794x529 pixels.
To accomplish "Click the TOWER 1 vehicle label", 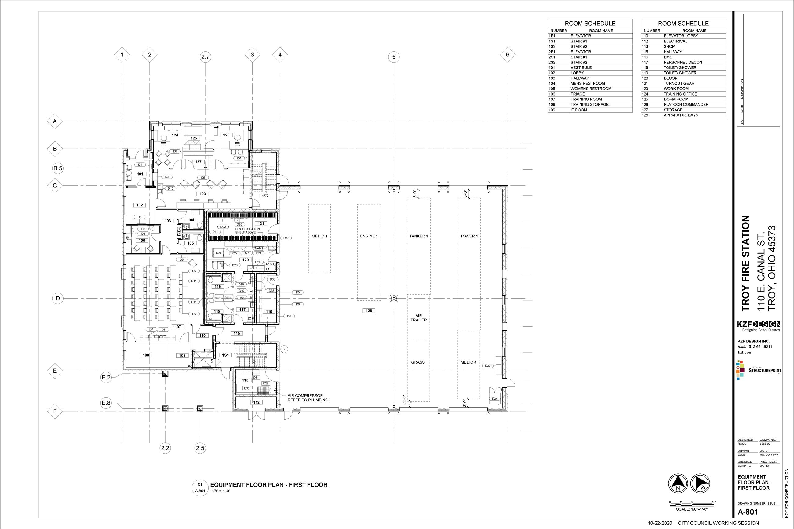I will [469, 236].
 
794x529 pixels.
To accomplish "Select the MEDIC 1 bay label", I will [319, 236].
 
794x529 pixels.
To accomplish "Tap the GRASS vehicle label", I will [418, 362].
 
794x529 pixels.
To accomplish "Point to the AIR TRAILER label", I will [418, 318].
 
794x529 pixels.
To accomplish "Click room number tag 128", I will [369, 310].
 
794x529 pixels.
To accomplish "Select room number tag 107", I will [178, 327].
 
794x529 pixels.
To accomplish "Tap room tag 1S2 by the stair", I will [265, 196].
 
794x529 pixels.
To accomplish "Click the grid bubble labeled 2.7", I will [205, 57].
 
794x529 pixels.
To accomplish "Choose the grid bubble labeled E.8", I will [106, 403].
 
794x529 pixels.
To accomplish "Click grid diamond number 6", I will [508, 55].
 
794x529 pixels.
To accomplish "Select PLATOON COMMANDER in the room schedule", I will [686, 105].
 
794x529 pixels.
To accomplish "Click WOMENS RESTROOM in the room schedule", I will [591, 89].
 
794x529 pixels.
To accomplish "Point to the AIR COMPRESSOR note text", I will [308, 398].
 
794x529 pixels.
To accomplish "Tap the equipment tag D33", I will [488, 366].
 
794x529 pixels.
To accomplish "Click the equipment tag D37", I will [286, 238].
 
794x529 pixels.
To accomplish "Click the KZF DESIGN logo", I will [758, 324].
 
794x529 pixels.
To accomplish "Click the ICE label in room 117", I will [250, 318].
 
